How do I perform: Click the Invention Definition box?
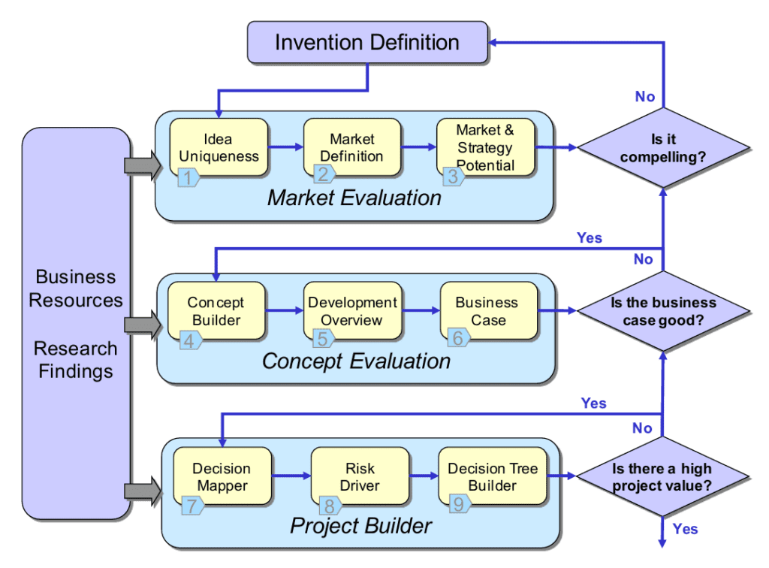pos(366,42)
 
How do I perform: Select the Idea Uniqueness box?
pos(219,148)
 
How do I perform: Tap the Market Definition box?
pos(351,148)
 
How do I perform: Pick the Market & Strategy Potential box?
pos(485,148)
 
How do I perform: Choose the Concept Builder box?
pos(216,311)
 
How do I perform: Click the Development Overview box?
pos(352,311)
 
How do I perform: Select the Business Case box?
pos(487,311)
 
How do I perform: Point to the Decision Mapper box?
pos(222,476)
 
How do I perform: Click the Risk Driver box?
pos(360,476)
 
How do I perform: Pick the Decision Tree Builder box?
pos(493,476)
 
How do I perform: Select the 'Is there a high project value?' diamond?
pos(662,476)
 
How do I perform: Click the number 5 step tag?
pos(323,339)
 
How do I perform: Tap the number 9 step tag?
pos(458,504)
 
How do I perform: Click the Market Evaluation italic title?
pos(354,198)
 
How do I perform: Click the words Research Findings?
pos(76,360)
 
